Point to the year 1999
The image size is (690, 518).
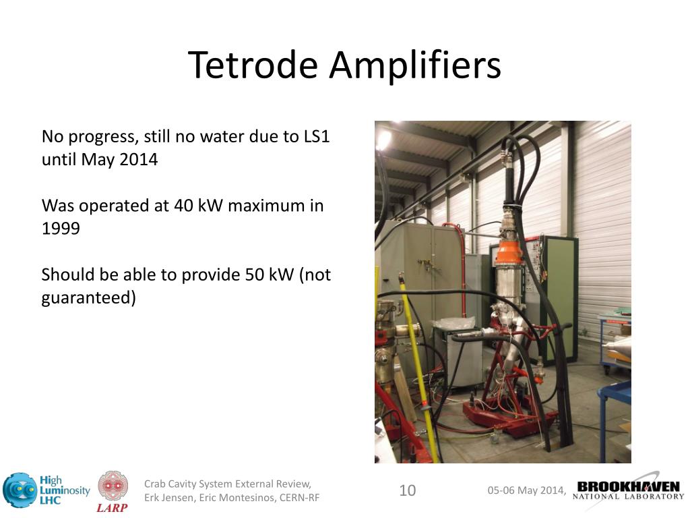[61, 229]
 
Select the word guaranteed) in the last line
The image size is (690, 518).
[88, 297]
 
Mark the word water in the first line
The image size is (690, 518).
[221, 137]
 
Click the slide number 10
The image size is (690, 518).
[408, 490]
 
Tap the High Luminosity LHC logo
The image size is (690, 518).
[46, 490]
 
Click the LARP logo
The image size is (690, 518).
[113, 492]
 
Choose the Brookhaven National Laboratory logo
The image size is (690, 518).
[628, 491]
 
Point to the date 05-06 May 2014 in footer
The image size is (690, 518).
[526, 490]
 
